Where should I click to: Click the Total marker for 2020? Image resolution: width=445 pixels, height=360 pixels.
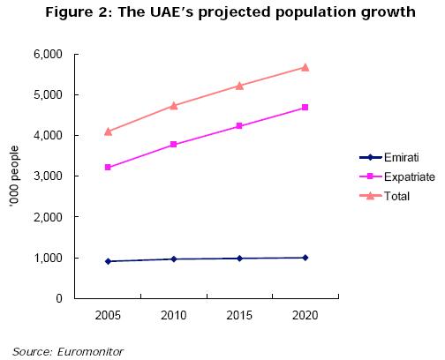point(305,68)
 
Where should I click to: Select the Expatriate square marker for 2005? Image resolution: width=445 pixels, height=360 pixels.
point(108,168)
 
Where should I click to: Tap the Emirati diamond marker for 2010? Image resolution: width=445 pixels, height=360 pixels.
point(174,259)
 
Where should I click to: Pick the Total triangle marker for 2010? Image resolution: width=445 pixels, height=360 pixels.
point(174,106)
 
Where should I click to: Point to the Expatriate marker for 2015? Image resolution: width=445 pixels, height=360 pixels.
point(239,126)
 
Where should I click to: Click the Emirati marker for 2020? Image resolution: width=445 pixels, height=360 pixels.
point(305,258)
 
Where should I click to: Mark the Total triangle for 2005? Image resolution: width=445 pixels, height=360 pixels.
point(108,131)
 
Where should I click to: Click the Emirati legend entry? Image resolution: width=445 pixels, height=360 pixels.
point(389,158)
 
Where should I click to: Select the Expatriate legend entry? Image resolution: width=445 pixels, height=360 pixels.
point(397,176)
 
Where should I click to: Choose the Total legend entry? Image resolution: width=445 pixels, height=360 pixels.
point(384,196)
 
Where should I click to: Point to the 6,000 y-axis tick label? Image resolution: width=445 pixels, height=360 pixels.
point(48,55)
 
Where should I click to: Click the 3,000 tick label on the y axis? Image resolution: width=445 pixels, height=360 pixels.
point(48,176)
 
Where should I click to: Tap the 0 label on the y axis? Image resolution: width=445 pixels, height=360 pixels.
point(59,298)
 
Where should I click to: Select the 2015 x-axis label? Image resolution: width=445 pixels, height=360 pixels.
point(239,315)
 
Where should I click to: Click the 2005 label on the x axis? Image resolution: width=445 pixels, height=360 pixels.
point(108,315)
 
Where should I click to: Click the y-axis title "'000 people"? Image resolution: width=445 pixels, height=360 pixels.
point(14,176)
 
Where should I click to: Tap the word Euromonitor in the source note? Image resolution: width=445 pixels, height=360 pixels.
point(90,352)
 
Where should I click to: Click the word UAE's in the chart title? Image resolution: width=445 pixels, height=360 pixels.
point(171,12)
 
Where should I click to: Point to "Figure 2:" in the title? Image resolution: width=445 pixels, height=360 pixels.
point(79,13)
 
